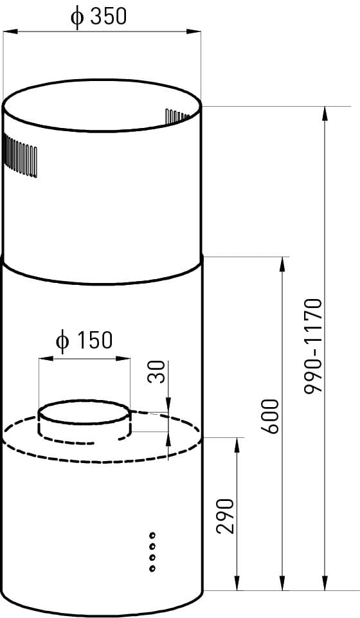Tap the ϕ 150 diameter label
84,340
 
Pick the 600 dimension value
270,415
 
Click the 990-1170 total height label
313,346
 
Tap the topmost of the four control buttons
152,535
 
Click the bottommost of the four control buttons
152,568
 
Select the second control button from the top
152,546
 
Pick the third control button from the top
152,558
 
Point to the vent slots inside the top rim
177,116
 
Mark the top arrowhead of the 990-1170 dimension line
325,113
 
